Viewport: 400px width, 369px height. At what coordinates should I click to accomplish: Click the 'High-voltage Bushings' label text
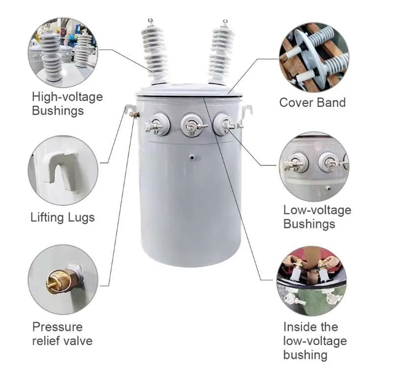67,104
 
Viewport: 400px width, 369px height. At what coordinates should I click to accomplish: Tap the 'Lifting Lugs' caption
63,218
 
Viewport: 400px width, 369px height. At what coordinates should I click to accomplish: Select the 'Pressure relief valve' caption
62,334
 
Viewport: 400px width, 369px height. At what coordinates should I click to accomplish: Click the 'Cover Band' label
313,103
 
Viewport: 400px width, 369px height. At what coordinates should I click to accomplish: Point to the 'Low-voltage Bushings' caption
318,217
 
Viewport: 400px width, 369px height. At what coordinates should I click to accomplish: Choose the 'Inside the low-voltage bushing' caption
315,341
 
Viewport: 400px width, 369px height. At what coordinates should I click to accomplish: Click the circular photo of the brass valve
63,280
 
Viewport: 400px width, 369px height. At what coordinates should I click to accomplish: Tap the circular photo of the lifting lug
63,170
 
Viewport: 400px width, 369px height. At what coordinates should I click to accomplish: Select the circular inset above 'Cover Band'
314,57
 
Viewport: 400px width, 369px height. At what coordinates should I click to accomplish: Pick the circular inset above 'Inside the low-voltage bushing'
312,281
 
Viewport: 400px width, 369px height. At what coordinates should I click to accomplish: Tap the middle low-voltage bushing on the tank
191,125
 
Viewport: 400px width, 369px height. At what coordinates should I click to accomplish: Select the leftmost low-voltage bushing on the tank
158,124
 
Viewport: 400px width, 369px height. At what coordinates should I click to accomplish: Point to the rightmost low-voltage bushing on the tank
223,124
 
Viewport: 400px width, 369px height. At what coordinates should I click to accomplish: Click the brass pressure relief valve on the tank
134,114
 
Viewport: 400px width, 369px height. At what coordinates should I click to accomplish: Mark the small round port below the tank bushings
192,158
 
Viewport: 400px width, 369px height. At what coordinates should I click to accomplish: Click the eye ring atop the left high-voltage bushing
151,20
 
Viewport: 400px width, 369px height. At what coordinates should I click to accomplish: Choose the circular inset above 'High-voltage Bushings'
63,52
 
